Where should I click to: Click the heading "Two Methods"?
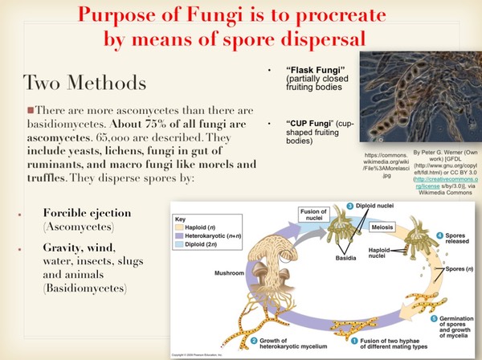[84, 82]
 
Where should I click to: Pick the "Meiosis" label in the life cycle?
[383, 227]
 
